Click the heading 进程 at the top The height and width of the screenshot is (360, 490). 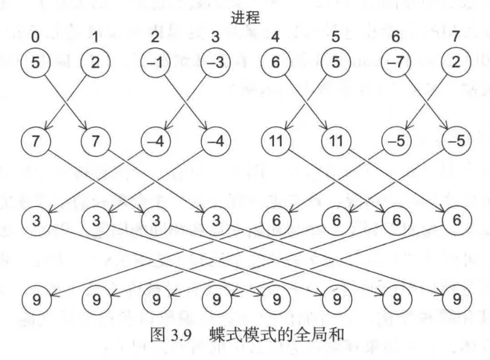point(246,18)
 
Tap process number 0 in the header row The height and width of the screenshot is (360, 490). point(36,37)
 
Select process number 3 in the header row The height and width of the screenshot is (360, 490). point(215,37)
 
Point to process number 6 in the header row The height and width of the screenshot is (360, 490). point(396,37)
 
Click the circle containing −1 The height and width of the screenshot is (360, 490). point(155,62)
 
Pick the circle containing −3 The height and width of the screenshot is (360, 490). point(216,62)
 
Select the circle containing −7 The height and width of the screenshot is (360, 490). point(396,62)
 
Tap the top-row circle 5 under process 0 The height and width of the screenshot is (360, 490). point(36,62)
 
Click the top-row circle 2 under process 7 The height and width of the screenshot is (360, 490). point(456,62)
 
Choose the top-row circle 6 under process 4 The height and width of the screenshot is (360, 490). point(275,62)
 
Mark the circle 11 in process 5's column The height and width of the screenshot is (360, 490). point(336,141)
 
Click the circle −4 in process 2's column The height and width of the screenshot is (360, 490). point(156,141)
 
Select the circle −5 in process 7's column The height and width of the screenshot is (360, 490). point(456,141)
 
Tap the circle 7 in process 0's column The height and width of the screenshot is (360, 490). point(36,141)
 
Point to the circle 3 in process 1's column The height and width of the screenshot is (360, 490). point(96,221)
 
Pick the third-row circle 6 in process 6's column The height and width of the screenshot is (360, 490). point(397,220)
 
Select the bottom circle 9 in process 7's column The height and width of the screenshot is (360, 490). point(457,300)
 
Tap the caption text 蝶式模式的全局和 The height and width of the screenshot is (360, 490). point(277,335)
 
